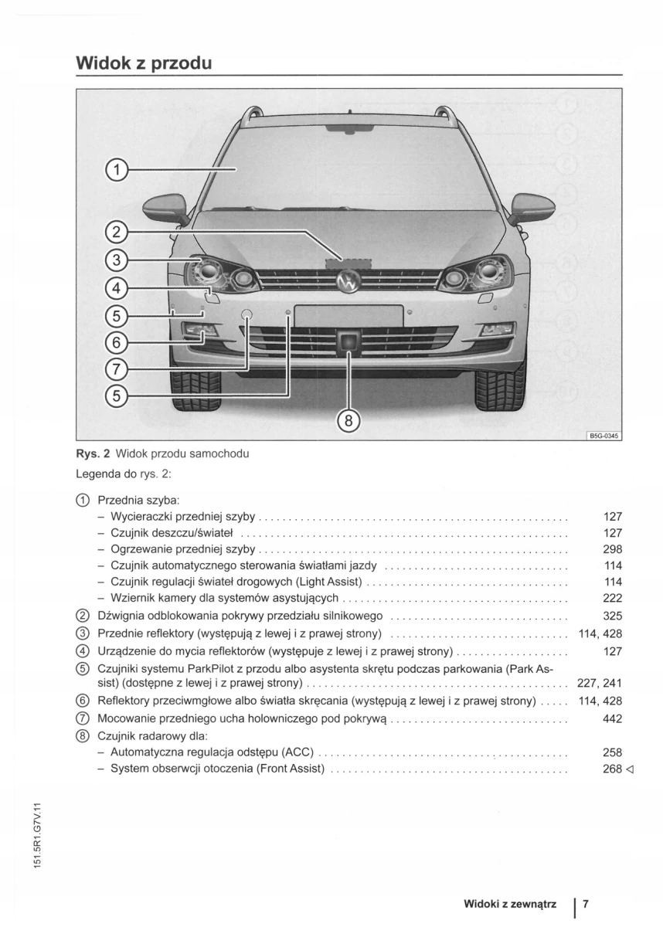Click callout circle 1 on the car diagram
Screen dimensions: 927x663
pyautogui.click(x=116, y=169)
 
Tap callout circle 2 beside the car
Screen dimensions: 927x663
pyautogui.click(x=116, y=231)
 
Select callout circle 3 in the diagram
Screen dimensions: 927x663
pyautogui.click(x=116, y=260)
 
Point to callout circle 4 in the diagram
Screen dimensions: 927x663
pyautogui.click(x=116, y=288)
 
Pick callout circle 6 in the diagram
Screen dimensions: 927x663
pyautogui.click(x=116, y=341)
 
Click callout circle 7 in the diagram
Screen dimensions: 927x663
pyautogui.click(x=116, y=368)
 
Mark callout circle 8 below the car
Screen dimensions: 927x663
pyautogui.click(x=348, y=421)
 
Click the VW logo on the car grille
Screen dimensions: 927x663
pyautogui.click(x=348, y=283)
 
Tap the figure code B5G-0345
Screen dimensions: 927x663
pyautogui.click(x=604, y=436)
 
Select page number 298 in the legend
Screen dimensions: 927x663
pyautogui.click(x=612, y=549)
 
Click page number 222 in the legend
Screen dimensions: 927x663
pyautogui.click(x=612, y=598)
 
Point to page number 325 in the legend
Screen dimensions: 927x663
pyautogui.click(x=612, y=616)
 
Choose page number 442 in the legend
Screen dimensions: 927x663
pyautogui.click(x=612, y=718)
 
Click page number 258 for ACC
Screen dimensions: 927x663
pyautogui.click(x=612, y=752)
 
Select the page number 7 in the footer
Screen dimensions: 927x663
pyautogui.click(x=586, y=903)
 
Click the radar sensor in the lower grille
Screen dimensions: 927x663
pyautogui.click(x=349, y=341)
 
